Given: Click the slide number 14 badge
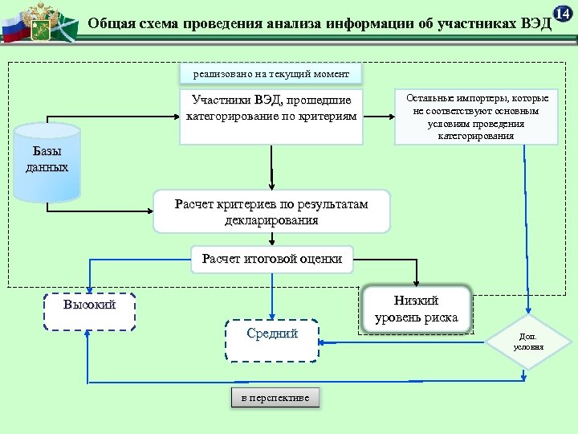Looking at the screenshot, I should [564, 14].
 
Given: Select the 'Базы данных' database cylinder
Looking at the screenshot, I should [47, 161].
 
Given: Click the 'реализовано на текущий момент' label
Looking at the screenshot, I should [271, 74].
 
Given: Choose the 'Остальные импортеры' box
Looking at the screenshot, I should [476, 117].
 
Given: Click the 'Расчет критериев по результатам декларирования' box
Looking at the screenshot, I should [271, 211].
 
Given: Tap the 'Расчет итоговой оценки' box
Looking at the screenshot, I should [272, 259].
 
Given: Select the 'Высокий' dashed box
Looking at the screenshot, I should [89, 311].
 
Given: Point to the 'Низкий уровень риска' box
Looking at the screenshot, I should [416, 309].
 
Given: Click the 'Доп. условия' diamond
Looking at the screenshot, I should [528, 341].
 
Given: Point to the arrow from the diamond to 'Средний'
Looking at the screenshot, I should [401, 342].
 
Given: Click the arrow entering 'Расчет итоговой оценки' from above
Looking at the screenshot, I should [272, 239].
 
